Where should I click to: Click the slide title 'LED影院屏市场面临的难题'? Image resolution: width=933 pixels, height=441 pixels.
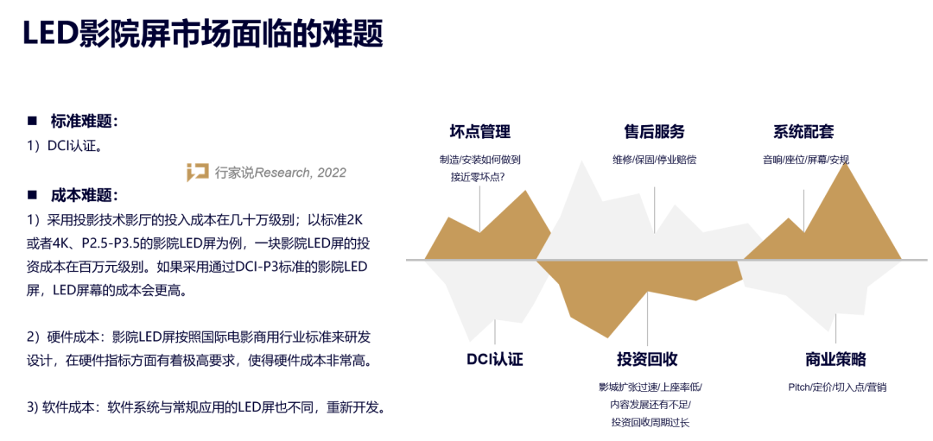[202, 34]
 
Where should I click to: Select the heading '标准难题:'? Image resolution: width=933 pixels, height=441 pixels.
[85, 122]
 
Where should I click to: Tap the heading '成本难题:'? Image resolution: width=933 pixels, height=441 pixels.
[85, 195]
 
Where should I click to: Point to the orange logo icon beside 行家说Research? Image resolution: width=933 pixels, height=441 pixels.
[197, 173]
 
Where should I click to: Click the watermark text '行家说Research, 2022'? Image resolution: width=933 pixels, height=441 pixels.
[280, 173]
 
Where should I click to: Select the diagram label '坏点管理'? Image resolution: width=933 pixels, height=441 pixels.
[479, 131]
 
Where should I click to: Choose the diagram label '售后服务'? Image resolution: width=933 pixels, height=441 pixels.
[655, 131]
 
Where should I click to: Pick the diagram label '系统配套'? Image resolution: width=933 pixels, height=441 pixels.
[803, 131]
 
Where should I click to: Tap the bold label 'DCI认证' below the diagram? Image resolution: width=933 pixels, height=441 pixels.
[494, 360]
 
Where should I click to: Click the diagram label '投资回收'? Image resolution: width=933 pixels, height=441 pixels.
[647, 360]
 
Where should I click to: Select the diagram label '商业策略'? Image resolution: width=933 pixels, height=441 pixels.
[835, 360]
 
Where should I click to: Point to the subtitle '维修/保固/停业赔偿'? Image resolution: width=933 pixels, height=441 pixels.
[655, 160]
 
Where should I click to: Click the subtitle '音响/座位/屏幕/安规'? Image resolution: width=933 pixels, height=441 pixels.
[806, 160]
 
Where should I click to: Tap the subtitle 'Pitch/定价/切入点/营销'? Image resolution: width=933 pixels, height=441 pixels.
[837, 387]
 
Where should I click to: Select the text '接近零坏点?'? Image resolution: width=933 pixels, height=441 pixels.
[479, 177]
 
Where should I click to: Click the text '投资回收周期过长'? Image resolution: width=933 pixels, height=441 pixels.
[651, 423]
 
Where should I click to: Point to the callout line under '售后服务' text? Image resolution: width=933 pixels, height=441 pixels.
[655, 211]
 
